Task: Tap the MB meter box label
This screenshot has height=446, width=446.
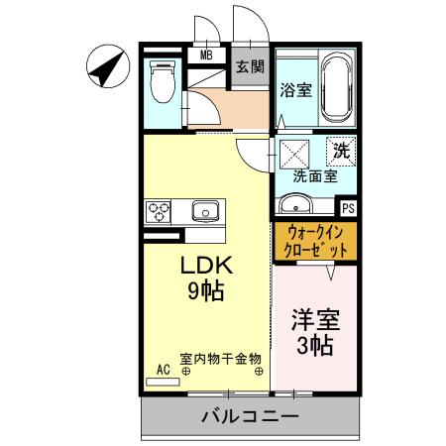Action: point(206,56)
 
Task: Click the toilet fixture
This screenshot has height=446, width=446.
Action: point(161,82)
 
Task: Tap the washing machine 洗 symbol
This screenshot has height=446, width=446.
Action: point(341,153)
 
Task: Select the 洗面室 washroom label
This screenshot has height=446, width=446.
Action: point(314,176)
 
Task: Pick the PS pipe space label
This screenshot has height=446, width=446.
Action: point(347,209)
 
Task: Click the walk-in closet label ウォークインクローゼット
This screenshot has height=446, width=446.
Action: point(314,242)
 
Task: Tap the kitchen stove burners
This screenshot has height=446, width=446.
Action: point(159,211)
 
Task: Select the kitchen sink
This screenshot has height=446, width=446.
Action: point(205,210)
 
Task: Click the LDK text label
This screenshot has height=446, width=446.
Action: point(205,266)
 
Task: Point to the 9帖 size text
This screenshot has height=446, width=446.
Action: point(205,291)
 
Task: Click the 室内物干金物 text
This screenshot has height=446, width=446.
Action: point(219,358)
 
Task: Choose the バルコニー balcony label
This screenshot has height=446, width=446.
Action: point(251,417)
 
